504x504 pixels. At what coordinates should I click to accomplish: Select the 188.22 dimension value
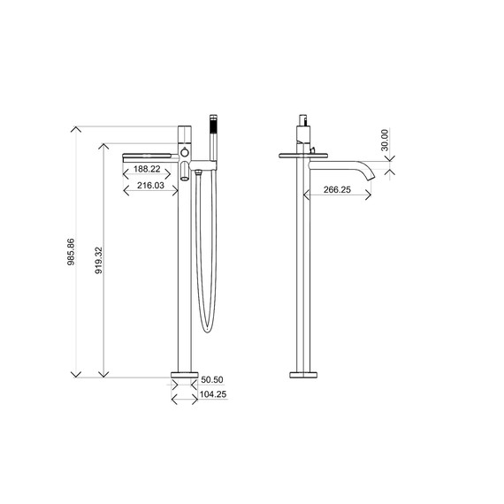pyautogui.click(x=147, y=170)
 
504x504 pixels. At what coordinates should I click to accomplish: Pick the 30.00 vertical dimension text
pyautogui.click(x=385, y=141)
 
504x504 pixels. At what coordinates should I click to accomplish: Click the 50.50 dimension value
pyautogui.click(x=211, y=379)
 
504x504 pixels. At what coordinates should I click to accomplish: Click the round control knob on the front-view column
pyautogui.click(x=185, y=154)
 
